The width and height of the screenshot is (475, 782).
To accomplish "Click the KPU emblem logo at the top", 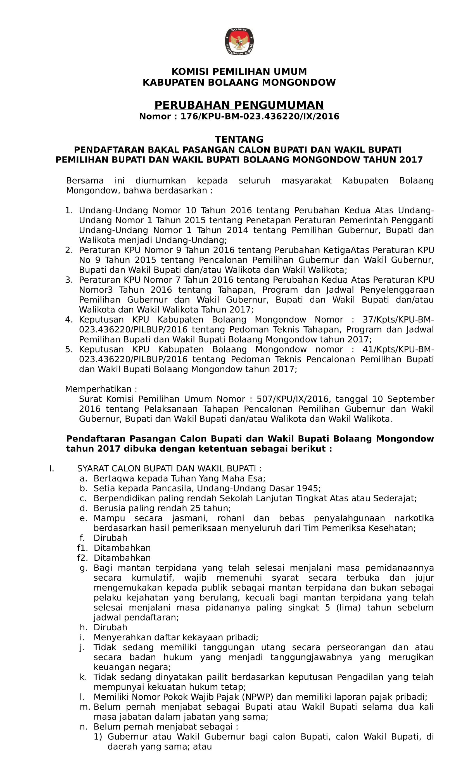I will [239, 42].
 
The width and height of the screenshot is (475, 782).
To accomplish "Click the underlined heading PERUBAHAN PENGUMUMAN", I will [239, 105].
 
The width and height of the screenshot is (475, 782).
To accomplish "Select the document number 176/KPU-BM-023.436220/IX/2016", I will [260, 116].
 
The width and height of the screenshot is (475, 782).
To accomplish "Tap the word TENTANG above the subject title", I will [239, 140].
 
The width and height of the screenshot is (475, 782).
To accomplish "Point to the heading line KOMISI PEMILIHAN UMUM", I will [239, 72].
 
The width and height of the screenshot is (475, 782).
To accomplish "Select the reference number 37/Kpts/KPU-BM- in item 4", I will [398, 320].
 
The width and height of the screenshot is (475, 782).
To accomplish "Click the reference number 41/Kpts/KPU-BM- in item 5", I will [398, 349].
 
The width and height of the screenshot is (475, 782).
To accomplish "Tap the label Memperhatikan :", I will [101, 389].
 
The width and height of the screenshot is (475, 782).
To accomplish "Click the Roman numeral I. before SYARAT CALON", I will [51, 469].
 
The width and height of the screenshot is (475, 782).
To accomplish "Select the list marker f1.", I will [82, 548].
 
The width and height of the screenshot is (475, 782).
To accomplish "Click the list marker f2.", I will [82, 558].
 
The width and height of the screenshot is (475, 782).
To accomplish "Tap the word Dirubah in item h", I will [110, 628].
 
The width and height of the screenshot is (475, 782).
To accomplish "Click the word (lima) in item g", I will [348, 608].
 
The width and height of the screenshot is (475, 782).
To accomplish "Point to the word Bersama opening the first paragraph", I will [85, 181].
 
